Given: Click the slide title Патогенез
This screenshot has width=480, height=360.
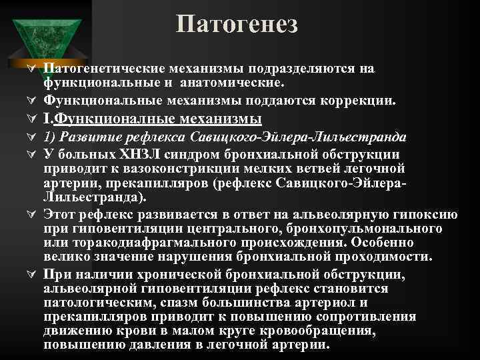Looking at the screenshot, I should (237, 25).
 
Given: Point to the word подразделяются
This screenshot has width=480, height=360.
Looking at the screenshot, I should (304, 69).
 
